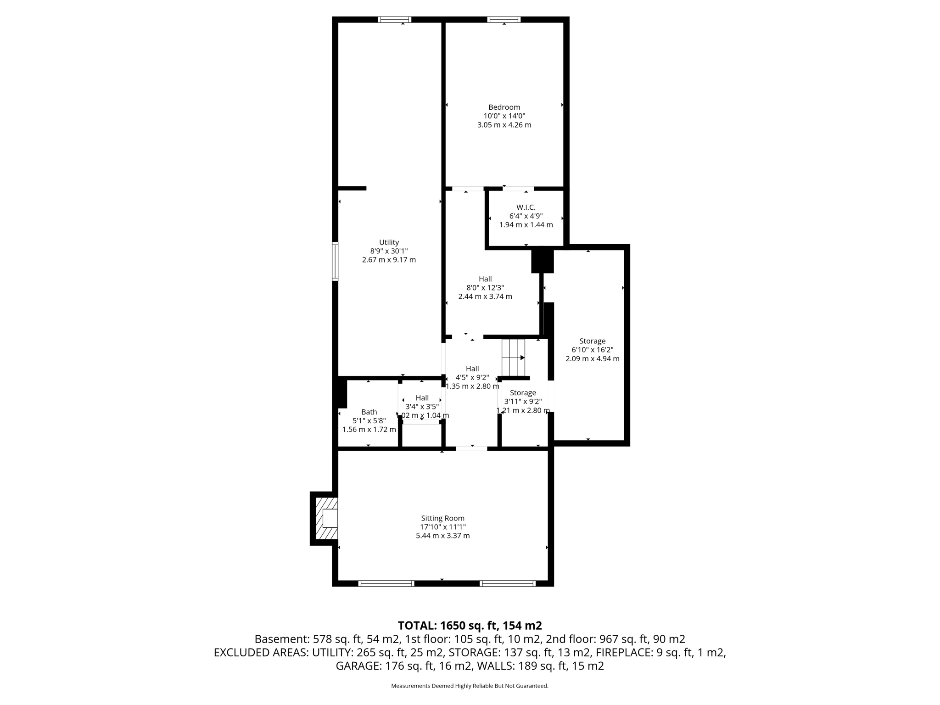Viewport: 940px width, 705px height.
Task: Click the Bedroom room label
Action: coord(504,107)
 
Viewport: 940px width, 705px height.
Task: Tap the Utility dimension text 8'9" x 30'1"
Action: coord(389,251)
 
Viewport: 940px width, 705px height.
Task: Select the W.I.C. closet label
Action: coord(526,207)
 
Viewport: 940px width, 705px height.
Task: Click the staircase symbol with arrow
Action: coord(513,358)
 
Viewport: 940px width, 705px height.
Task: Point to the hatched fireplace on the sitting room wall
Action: coord(326,518)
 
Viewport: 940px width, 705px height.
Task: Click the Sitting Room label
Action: coord(442,518)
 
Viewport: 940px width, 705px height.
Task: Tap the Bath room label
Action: coord(369,412)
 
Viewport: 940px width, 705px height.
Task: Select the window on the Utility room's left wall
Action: coord(335,261)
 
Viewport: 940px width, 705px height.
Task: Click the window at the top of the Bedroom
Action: coord(504,20)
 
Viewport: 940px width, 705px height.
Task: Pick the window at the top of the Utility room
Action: coord(394,20)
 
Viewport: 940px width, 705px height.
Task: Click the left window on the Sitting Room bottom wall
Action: coord(386,583)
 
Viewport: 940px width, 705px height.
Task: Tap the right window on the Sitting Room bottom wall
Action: coord(507,583)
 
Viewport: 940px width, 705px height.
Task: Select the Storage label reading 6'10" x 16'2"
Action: coord(592,341)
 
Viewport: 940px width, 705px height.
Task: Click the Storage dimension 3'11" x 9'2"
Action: coord(523,402)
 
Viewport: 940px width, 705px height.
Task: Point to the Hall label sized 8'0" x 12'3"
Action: coord(485,279)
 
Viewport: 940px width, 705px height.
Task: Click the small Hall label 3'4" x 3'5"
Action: coord(422,398)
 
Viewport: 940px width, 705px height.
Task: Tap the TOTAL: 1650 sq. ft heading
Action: coord(470,626)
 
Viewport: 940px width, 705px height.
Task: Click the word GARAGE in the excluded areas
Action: coord(356,666)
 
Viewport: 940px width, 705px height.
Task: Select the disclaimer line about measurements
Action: coord(470,686)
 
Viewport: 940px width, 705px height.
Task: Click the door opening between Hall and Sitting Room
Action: coord(471,448)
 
